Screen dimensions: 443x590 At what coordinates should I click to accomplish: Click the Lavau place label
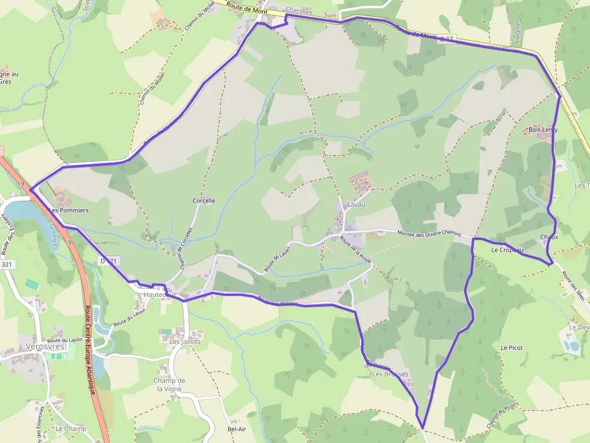point(356,205)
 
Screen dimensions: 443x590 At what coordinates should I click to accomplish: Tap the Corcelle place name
point(203,201)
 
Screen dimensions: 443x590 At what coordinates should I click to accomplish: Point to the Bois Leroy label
point(542,130)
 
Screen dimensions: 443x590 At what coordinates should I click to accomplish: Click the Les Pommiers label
point(69,210)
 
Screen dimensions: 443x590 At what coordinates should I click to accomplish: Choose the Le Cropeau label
point(507,249)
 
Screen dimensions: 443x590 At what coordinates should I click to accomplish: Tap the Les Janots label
point(185,341)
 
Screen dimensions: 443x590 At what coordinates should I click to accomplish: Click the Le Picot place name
point(511,347)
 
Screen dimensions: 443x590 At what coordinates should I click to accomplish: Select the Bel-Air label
point(237,429)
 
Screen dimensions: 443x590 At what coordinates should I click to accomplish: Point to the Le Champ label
point(70,429)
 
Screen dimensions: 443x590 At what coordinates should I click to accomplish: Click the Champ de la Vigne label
point(169,385)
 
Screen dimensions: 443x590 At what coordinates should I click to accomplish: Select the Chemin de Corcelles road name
point(185,248)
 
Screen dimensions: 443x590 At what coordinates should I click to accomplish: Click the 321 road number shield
point(8,264)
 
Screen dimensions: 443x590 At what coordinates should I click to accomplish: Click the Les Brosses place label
point(390,374)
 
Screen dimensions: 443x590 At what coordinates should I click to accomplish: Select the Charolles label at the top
point(299,11)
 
